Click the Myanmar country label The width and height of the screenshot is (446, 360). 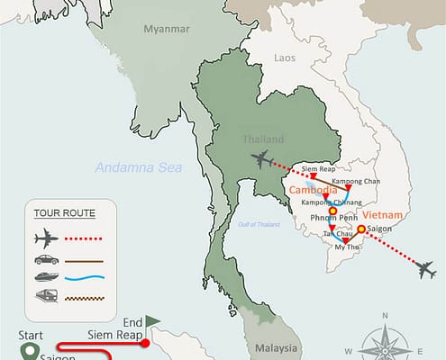[168, 29]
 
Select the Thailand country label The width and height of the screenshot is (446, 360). [263, 139]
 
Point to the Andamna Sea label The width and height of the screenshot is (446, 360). [139, 167]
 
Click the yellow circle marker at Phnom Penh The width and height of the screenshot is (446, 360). [332, 213]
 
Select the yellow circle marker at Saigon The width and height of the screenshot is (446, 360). [361, 229]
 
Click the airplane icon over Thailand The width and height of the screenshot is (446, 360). [262, 160]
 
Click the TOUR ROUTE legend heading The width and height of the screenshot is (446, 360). [62, 214]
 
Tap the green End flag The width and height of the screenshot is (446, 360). [153, 319]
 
